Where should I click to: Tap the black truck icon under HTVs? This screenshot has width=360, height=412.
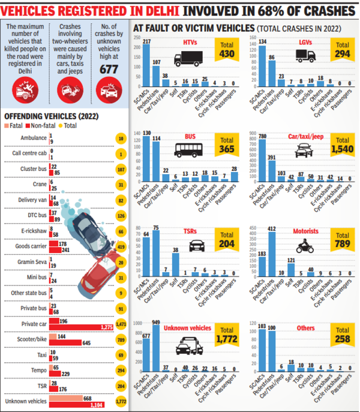186,59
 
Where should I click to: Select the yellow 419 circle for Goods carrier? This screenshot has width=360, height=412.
120,246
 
